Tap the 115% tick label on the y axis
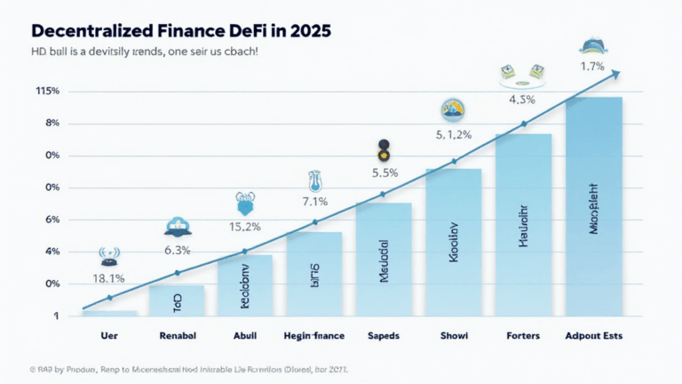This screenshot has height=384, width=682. coord(47,92)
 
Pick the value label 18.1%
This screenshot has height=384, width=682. coord(109,279)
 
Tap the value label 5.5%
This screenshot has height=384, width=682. coord(384,172)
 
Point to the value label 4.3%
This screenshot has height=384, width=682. coord(524,100)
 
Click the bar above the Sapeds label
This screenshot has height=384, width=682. coord(384,258)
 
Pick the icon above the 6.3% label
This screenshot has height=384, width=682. coord(177,228)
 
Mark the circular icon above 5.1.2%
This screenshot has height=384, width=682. coord(453,111)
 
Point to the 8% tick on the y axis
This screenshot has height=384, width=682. coord(51,124)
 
